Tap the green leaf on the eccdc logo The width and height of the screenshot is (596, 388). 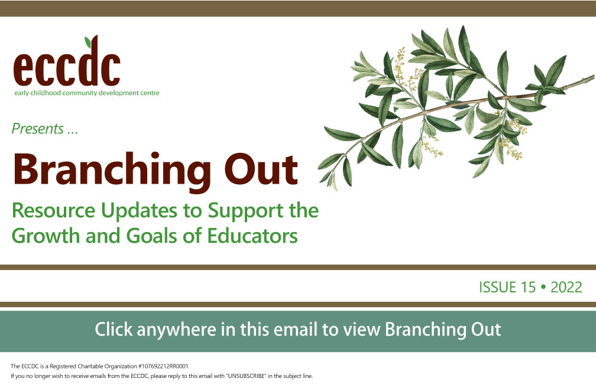[88, 42]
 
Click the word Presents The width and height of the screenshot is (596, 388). [38, 129]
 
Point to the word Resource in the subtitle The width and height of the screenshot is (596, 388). [53, 210]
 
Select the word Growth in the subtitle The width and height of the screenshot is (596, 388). [46, 236]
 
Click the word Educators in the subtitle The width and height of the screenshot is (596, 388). [252, 236]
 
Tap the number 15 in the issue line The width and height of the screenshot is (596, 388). [529, 288]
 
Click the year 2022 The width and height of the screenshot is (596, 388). [566, 288]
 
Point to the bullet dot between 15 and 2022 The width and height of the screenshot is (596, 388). [543, 288]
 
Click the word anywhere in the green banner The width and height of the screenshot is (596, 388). [176, 330]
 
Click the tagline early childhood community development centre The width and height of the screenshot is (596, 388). [87, 93]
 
